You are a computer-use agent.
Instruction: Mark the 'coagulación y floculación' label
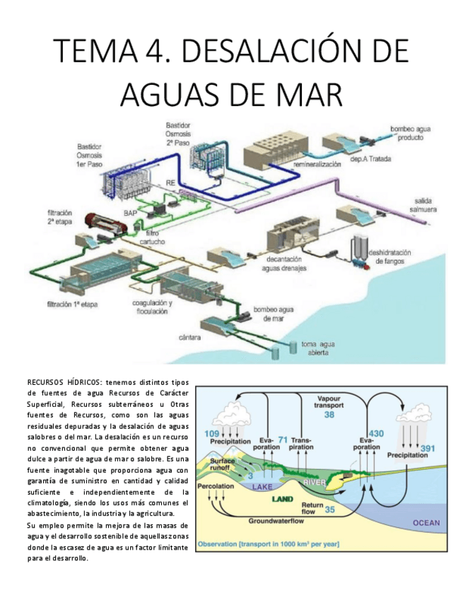[x=149, y=306]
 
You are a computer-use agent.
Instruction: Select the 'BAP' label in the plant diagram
[x=131, y=212]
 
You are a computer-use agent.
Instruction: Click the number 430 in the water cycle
[x=376, y=433]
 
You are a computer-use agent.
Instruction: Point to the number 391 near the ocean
[x=428, y=448]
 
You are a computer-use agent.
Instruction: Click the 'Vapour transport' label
[x=328, y=402]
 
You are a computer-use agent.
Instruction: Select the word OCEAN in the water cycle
[x=426, y=523]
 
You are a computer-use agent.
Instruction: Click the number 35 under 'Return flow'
[x=329, y=509]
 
